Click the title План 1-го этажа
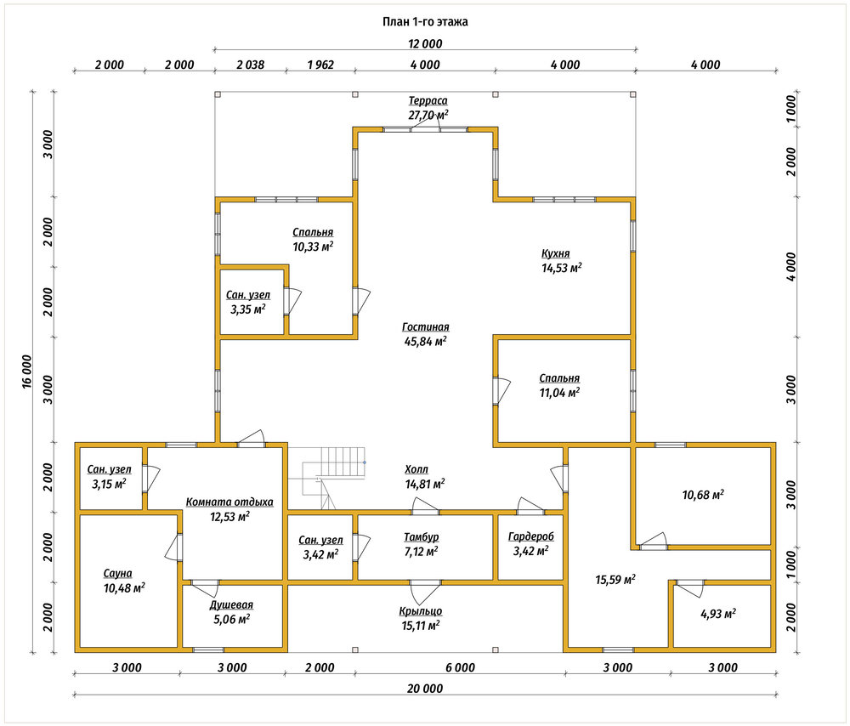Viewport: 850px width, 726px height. click(425, 22)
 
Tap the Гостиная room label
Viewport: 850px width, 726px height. click(426, 327)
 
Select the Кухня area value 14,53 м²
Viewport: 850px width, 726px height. click(562, 267)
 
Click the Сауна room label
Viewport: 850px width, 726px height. click(117, 573)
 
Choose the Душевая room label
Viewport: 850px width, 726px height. click(231, 604)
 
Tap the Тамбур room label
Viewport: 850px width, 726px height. click(422, 536)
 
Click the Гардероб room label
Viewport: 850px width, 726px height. click(530, 536)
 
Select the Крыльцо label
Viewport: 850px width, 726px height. click(421, 611)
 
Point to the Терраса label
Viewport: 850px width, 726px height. click(428, 100)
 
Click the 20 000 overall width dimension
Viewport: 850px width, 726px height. click(425, 688)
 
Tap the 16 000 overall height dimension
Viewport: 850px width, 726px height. click(27, 372)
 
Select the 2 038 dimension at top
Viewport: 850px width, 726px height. click(251, 65)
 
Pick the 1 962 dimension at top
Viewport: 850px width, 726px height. click(320, 65)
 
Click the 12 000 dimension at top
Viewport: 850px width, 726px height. click(425, 43)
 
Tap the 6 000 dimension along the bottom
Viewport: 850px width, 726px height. click(460, 667)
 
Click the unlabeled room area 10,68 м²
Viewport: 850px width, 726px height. click(703, 495)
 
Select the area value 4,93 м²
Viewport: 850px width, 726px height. click(718, 614)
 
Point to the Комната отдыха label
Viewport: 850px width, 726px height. click(229, 502)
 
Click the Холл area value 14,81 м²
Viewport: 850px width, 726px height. click(425, 484)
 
